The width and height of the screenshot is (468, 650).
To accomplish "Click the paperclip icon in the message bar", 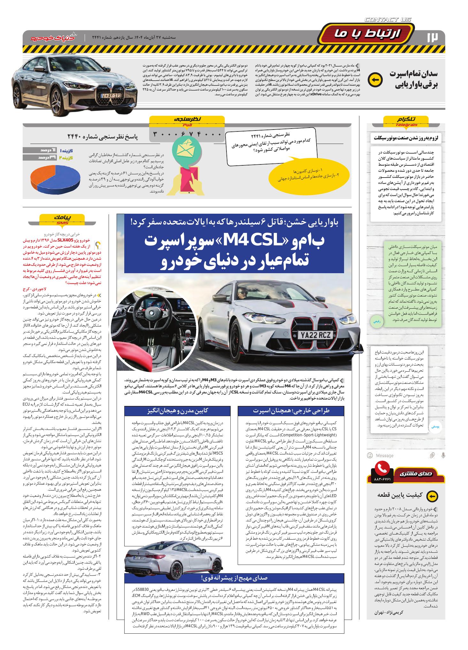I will pos(432,455).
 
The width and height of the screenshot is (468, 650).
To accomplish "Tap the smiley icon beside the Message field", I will pos(370,455).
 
